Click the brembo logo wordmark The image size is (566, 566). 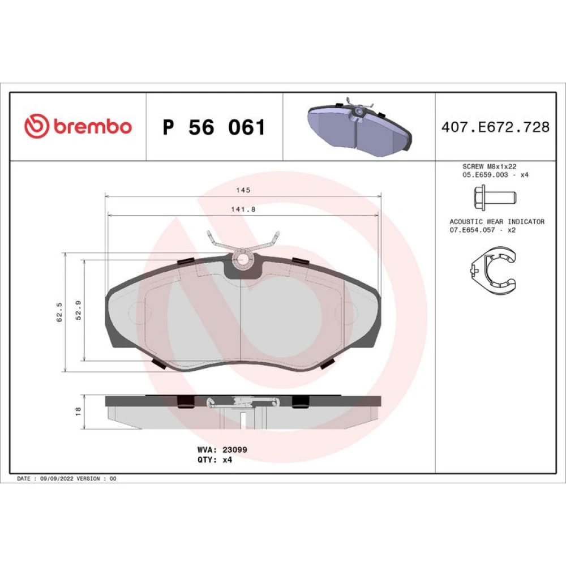(x=93, y=126)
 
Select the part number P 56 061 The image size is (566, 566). (x=214, y=127)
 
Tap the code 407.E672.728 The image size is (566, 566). (x=495, y=127)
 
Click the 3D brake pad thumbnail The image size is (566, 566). (x=359, y=126)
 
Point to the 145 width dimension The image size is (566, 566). (x=243, y=190)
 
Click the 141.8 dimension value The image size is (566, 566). (x=243, y=209)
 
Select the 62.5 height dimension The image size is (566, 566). (x=59, y=312)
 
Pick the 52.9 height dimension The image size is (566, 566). (x=78, y=310)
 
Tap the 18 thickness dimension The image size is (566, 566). (x=78, y=411)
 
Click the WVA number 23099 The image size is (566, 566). (x=235, y=450)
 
